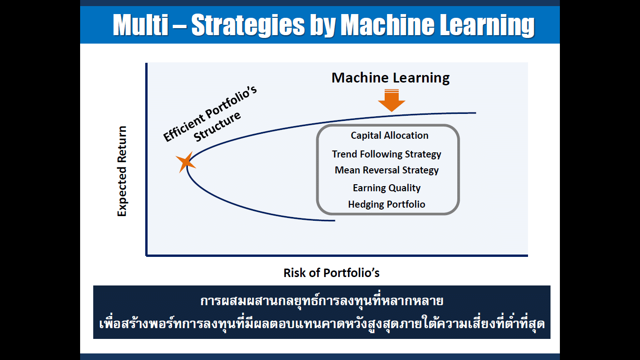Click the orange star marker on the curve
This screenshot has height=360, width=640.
coord(186,162)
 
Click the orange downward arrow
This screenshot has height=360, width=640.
coord(391,100)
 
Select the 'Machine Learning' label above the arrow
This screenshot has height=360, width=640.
coord(391,78)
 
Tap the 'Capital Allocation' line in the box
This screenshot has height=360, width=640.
coord(389,135)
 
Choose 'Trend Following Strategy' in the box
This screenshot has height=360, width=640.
coord(387,154)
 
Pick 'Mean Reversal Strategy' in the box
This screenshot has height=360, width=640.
coord(387,171)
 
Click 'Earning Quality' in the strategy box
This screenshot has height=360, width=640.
coord(387,188)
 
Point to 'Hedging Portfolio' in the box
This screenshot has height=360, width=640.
coord(387,204)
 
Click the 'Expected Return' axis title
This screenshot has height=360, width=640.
coord(122,171)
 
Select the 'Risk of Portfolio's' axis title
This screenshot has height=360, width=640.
coord(331,273)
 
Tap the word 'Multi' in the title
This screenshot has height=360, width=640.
coord(140,25)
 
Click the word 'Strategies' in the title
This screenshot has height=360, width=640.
coord(248,25)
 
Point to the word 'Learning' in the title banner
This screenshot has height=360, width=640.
coord(487,25)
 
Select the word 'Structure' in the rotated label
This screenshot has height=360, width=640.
coord(217,127)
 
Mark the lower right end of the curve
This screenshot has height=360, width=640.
coord(335,220)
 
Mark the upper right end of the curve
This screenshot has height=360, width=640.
coord(476,113)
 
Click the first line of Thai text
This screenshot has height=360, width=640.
coord(322,301)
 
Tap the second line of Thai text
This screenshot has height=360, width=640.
coord(322,324)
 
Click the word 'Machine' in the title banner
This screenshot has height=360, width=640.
coord(387,25)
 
